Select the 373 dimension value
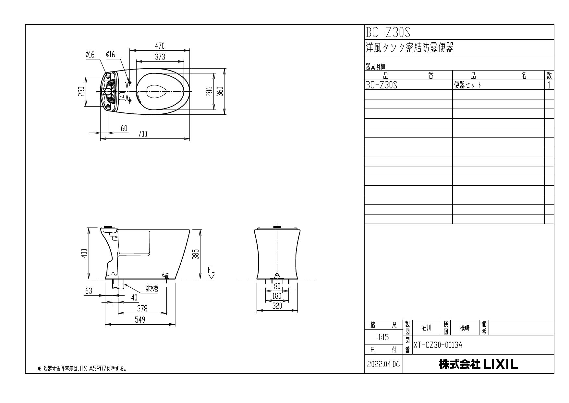[x=160, y=57]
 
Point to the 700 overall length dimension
[x=143, y=134]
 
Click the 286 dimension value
[x=210, y=91]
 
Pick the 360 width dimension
[x=220, y=91]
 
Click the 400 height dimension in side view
[x=84, y=253]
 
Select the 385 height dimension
[x=195, y=254]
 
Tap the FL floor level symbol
[x=212, y=273]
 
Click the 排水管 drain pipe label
[x=152, y=289]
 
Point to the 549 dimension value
[x=140, y=320]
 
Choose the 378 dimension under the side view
[x=142, y=308]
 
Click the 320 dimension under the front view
[x=277, y=306]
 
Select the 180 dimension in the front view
[x=277, y=296]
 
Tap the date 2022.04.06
[x=383, y=365]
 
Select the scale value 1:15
[x=383, y=338]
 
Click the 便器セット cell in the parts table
[x=467, y=85]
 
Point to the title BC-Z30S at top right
[x=388, y=32]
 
